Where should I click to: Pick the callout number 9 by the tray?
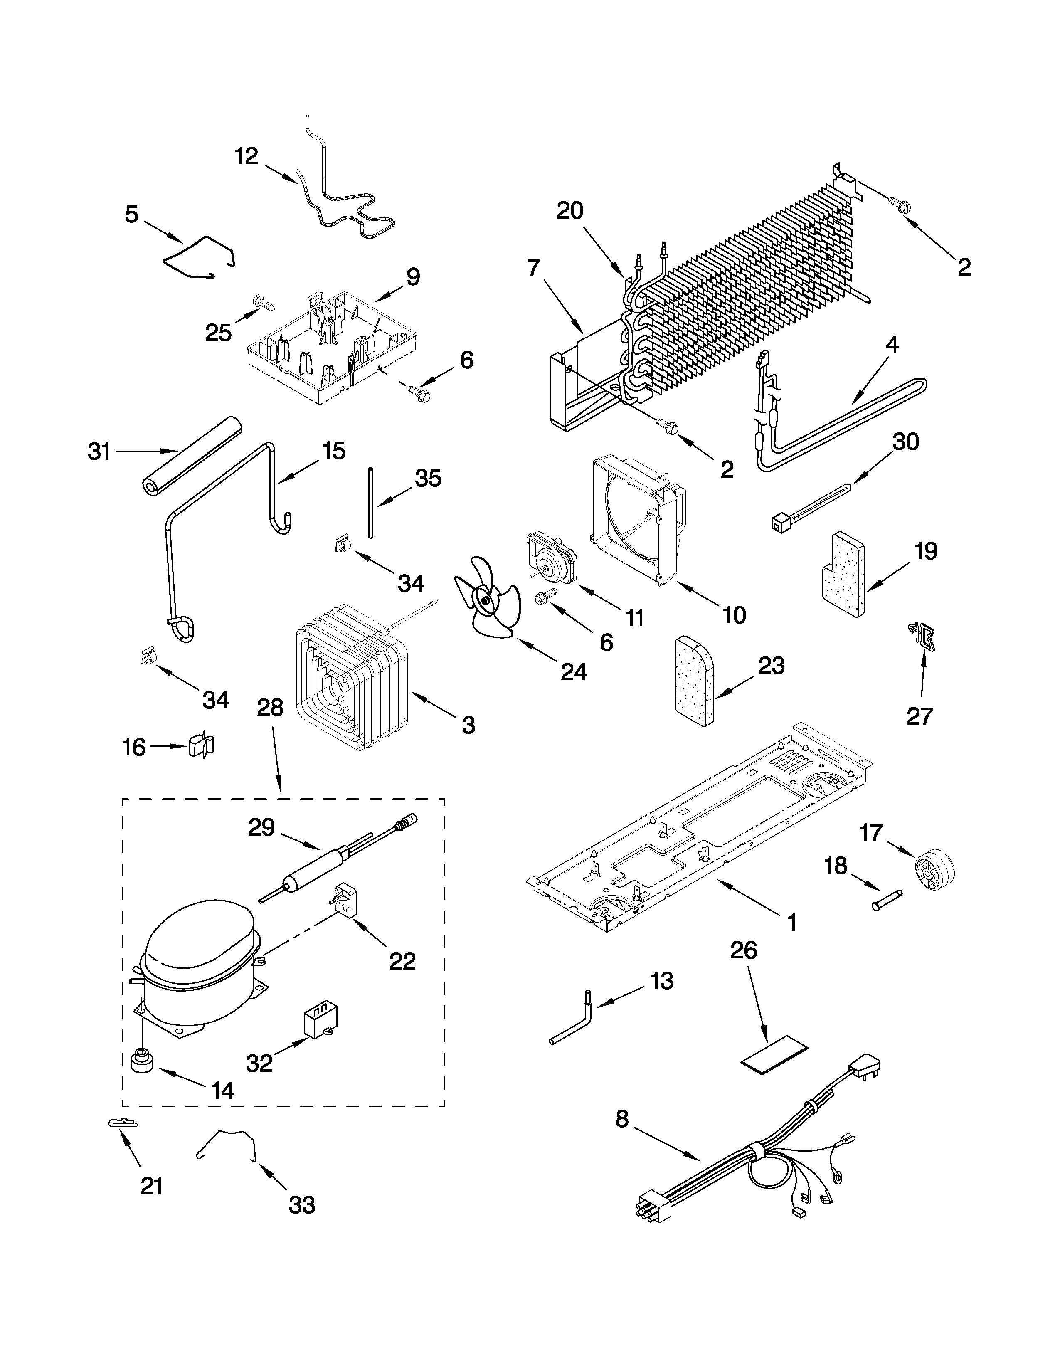tap(413, 277)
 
